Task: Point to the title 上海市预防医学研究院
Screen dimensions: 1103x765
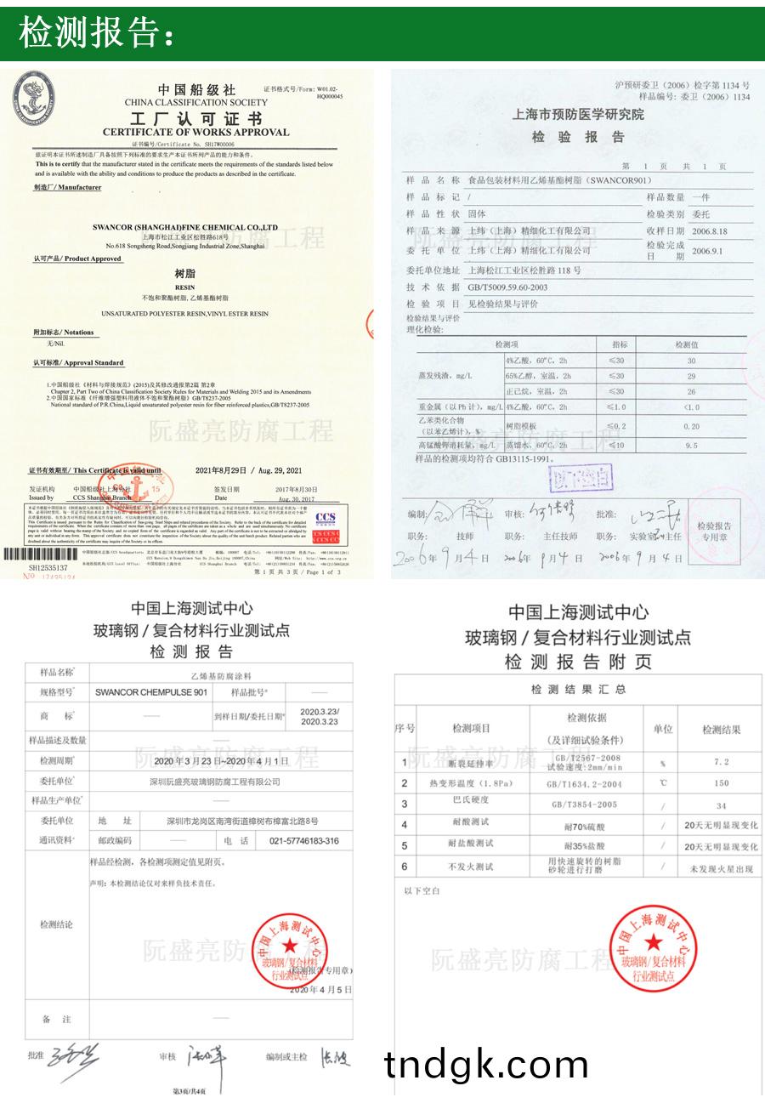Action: coord(578,115)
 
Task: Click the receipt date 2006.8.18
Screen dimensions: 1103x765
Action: coord(710,231)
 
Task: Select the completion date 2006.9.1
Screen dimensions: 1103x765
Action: coord(710,251)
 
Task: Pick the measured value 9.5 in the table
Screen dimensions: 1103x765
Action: coord(690,445)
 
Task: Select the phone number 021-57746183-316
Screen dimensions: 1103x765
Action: coord(303,840)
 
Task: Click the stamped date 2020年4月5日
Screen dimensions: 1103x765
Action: coord(320,990)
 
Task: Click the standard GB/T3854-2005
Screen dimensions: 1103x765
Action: coord(585,804)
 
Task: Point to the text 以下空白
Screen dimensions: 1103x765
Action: coord(422,890)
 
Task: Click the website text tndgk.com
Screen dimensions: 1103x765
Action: coord(485,1065)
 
